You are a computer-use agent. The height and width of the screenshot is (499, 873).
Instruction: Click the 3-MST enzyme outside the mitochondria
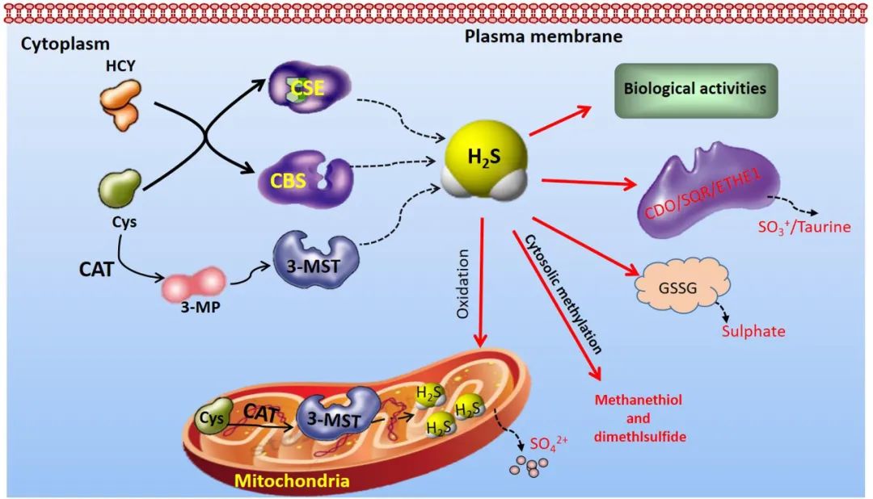314,261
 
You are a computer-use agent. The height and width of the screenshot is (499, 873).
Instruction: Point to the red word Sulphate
753,332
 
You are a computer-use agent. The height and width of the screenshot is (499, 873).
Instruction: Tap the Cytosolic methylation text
563,294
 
